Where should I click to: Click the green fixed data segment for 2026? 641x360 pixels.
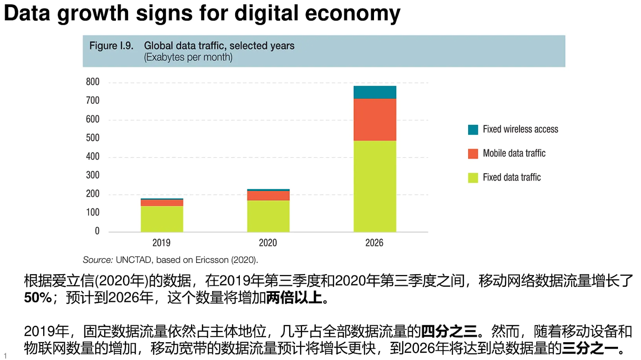[374, 186]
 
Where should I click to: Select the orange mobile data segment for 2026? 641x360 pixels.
[374, 119]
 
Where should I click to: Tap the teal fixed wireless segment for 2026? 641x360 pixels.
[374, 92]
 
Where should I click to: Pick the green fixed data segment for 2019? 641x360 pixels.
[161, 219]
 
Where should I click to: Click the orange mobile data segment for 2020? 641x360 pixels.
[268, 195]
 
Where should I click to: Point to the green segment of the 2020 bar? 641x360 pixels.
[268, 216]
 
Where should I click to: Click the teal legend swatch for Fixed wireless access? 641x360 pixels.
[473, 130]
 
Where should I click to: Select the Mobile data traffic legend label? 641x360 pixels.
[514, 153]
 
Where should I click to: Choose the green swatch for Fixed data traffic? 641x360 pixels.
[473, 177]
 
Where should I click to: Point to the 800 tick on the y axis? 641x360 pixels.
[93, 82]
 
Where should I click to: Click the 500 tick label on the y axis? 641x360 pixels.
[93, 138]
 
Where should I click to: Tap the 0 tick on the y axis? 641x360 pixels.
[97, 231]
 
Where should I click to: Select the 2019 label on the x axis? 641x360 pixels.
[161, 243]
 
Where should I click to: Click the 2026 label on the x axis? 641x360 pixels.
[374, 243]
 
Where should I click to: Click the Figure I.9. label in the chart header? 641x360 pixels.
[111, 46]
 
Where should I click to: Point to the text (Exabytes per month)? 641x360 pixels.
[188, 58]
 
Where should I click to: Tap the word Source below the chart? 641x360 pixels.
[97, 260]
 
